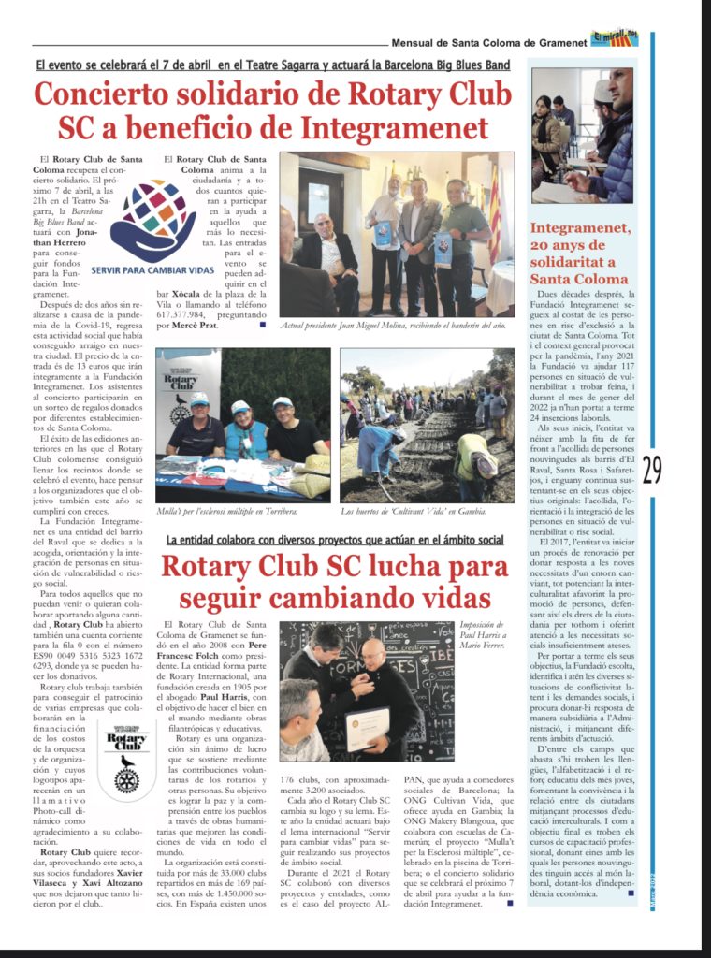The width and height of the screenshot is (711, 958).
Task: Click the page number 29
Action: [x=652, y=468]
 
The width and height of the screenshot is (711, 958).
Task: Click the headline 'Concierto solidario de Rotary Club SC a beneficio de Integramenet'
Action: [x=273, y=110]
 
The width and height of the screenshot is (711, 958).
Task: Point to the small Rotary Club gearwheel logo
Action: [x=126, y=763]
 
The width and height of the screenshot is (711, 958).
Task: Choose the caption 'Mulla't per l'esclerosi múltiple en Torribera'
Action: [x=227, y=512]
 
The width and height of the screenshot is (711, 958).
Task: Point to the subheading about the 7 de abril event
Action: [x=273, y=65]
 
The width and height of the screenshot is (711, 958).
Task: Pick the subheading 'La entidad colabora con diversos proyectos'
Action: [x=335, y=541]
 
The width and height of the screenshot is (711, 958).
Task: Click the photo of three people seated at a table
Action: [x=242, y=425]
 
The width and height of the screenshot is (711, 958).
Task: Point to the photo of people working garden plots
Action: [x=427, y=425]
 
